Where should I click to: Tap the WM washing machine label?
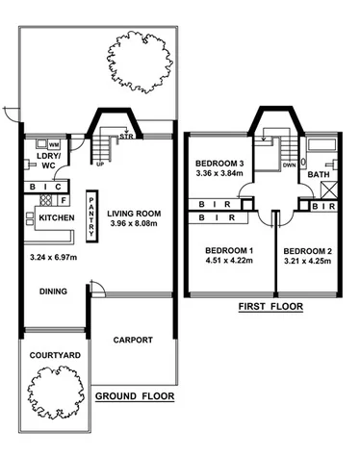[54, 144]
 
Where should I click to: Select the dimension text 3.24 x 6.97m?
[51, 258]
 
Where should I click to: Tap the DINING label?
[53, 292]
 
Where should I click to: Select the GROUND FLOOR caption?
[135, 395]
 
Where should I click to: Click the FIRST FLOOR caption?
[270, 308]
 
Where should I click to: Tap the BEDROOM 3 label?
[219, 163]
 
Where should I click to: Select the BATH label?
[318, 174]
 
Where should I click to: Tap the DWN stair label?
[289, 165]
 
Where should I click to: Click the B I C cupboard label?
[46, 186]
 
